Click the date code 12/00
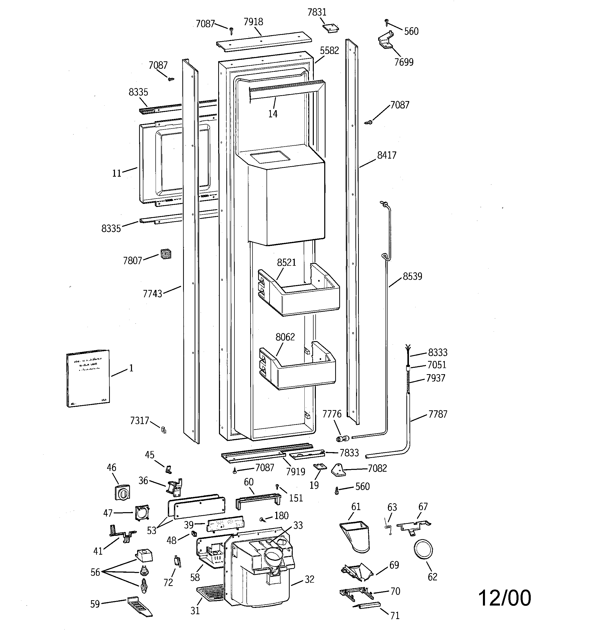[x=504, y=598]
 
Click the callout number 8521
[x=286, y=262]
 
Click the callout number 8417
[x=387, y=155]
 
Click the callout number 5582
[x=329, y=50]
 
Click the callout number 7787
[x=438, y=414]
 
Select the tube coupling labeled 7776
[x=342, y=439]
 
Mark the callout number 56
[x=95, y=572]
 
